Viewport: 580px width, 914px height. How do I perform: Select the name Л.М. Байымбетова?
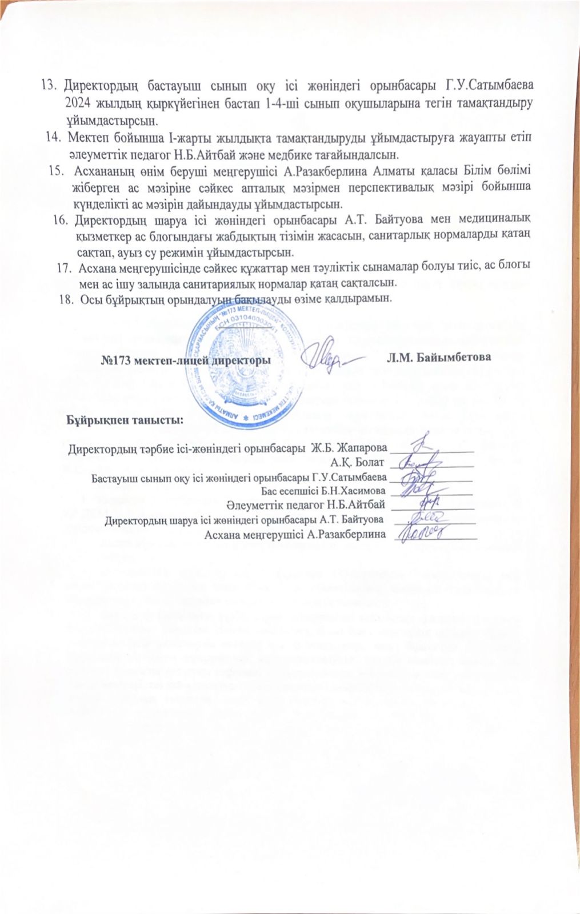[439, 358]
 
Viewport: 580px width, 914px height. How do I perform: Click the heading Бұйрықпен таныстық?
[124, 420]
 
